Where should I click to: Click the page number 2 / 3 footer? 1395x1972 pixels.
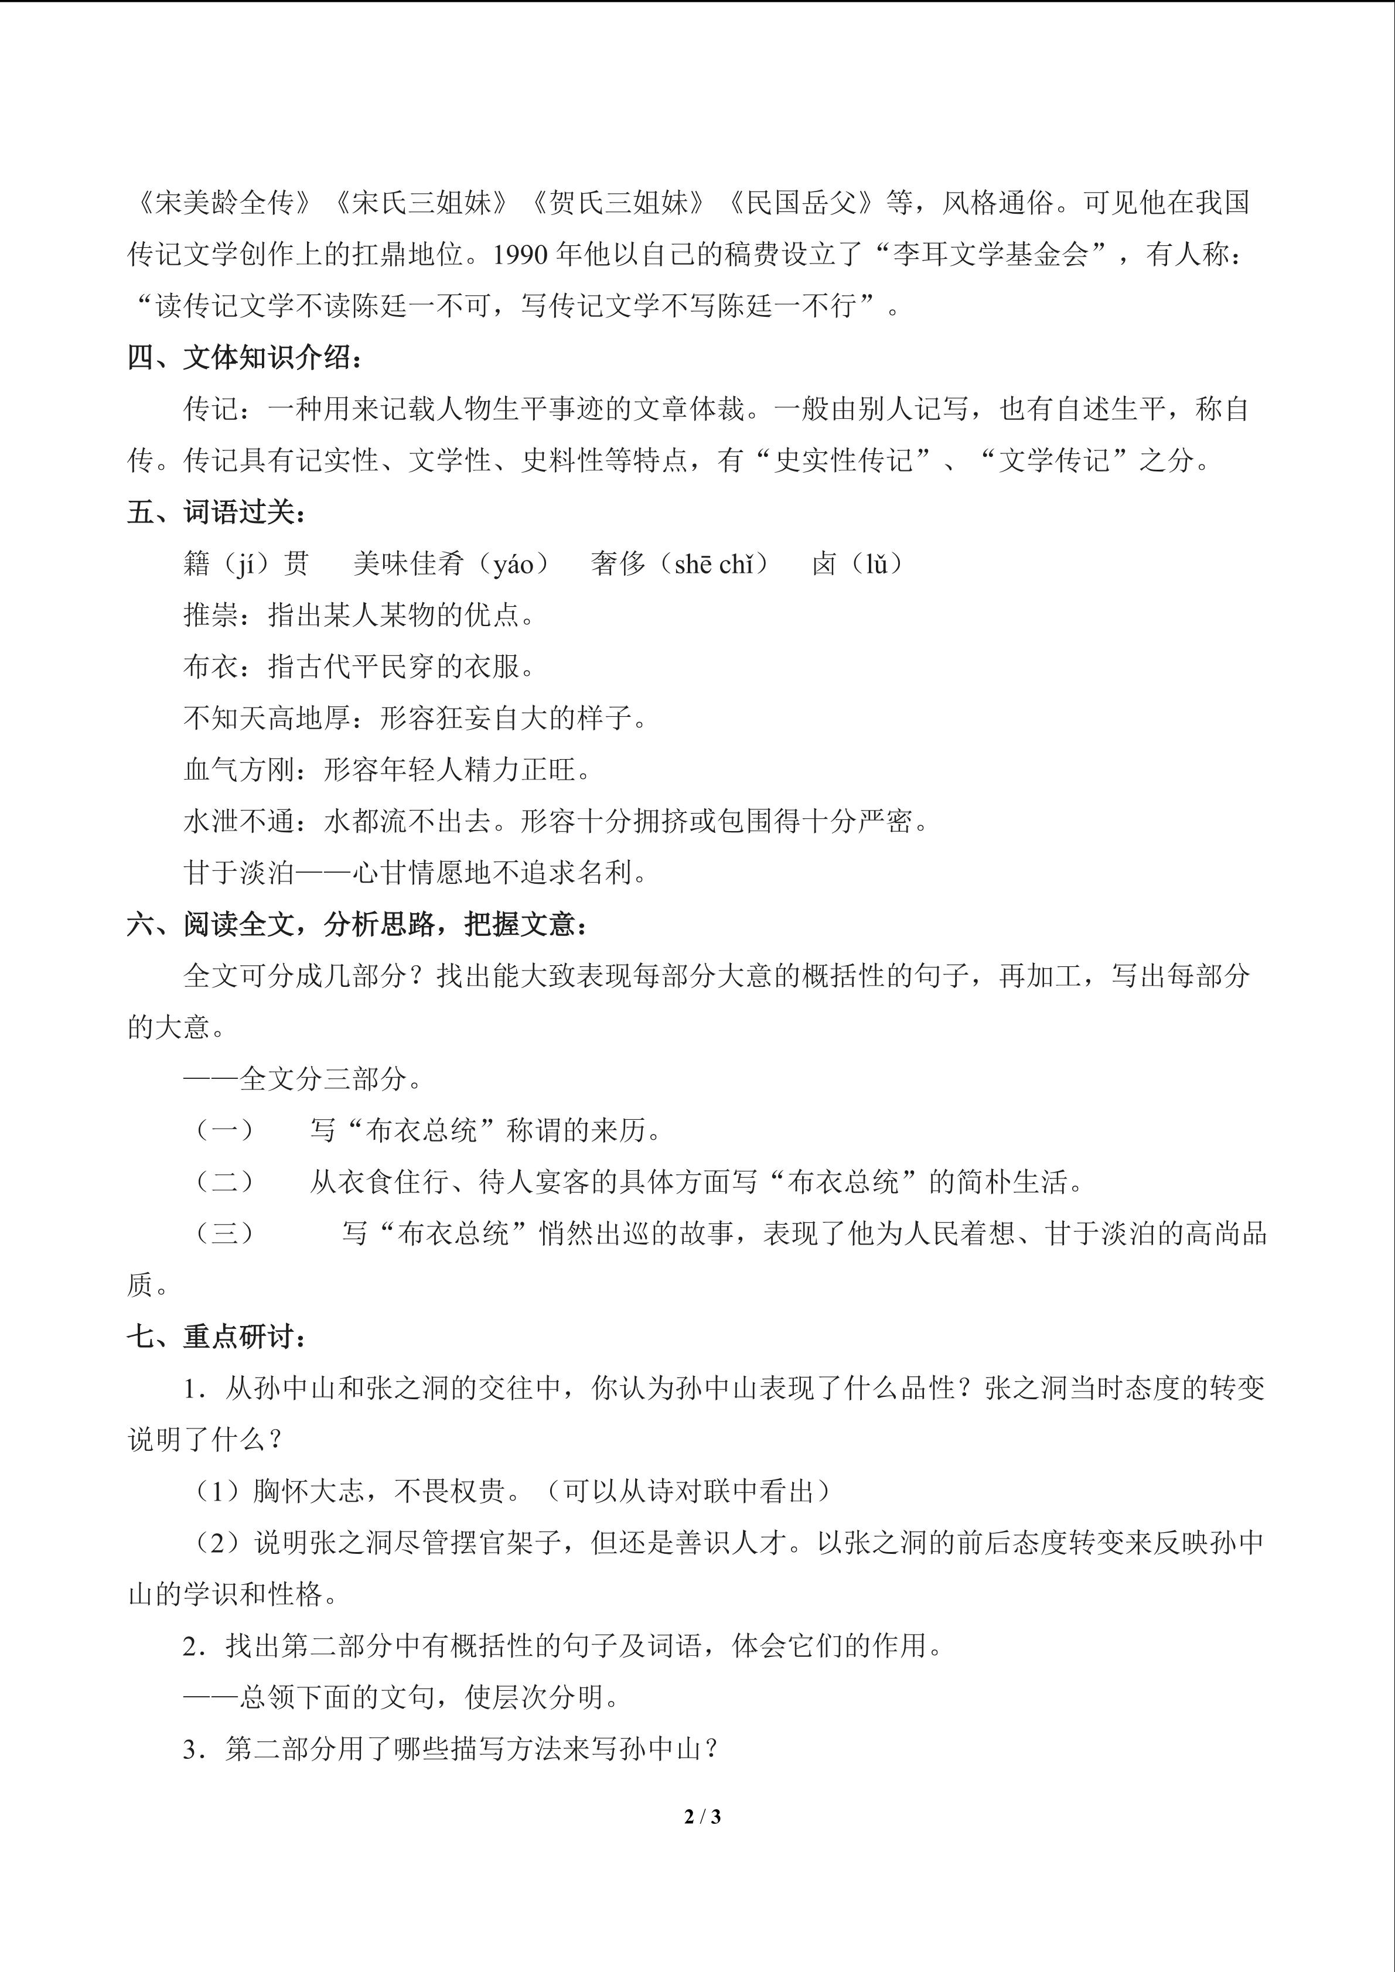(702, 1817)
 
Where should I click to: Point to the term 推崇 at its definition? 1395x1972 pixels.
(210, 616)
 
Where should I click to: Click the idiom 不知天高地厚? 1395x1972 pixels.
(267, 719)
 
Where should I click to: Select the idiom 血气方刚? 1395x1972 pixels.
(239, 770)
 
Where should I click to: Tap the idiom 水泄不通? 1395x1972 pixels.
(239, 822)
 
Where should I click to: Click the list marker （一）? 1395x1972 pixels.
(225, 1131)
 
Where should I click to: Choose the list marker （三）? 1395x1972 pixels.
(225, 1234)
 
